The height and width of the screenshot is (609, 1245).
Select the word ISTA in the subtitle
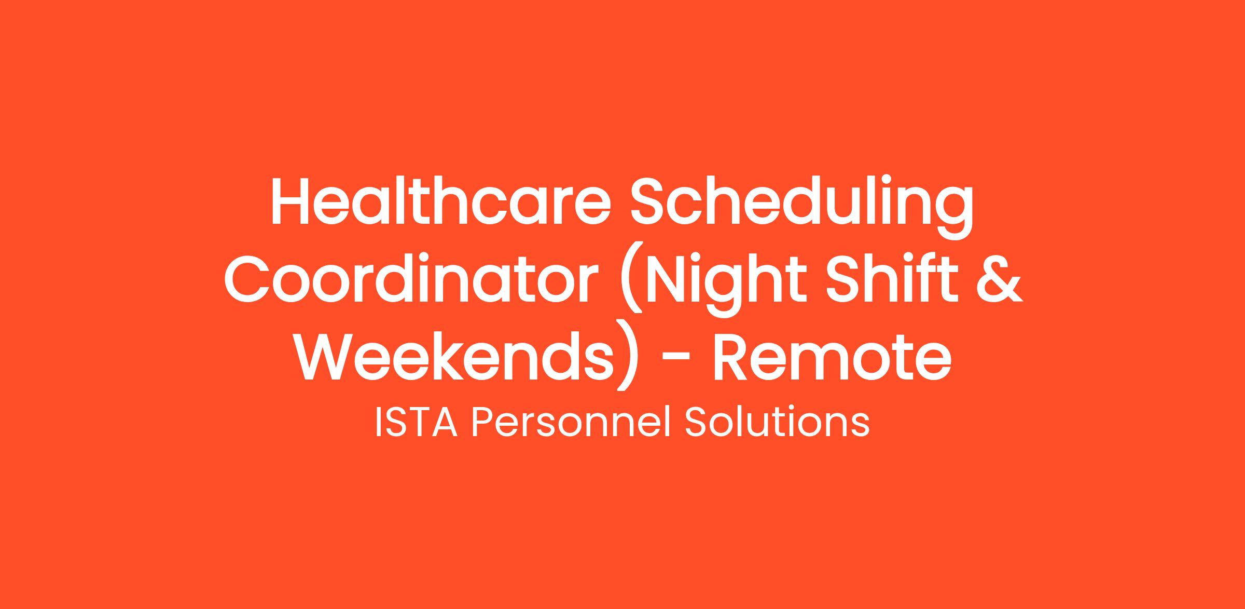click(x=416, y=424)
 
